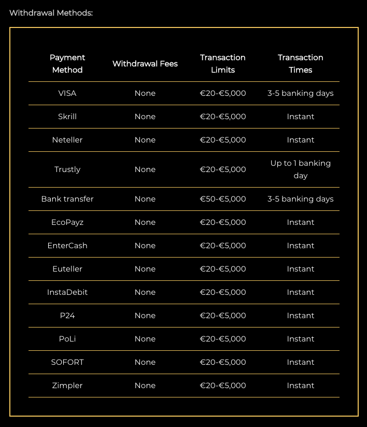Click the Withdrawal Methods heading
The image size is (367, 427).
51,13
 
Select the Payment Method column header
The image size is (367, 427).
67,64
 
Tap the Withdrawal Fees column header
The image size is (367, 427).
145,64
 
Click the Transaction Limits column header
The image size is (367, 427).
223,64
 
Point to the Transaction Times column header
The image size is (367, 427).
301,64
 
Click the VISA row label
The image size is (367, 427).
67,93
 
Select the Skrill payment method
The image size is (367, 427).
67,117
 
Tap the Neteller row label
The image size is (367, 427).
67,140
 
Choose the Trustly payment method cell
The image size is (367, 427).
67,169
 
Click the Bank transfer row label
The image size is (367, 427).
67,199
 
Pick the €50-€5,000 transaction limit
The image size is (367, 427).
223,199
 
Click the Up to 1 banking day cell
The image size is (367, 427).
301,169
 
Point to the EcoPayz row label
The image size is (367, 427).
67,222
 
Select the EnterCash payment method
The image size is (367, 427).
67,246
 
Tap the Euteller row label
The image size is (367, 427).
67,269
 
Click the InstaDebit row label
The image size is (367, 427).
67,292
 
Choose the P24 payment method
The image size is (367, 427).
67,316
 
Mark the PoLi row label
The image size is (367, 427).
67,339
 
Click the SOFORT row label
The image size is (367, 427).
67,362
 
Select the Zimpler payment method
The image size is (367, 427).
67,386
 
